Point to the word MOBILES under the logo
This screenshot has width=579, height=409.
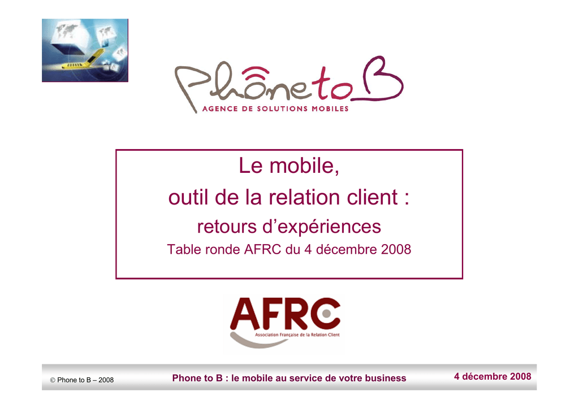(x=330, y=109)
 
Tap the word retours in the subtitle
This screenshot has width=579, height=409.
(x=227, y=227)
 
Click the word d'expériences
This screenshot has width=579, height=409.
(x=322, y=227)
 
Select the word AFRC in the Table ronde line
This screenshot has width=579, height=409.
(x=262, y=250)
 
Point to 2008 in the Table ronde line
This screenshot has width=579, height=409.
(x=396, y=250)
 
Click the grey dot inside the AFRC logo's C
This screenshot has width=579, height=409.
(x=326, y=314)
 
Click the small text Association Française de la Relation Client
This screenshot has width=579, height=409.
(x=297, y=335)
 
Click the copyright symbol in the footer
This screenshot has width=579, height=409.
(x=53, y=380)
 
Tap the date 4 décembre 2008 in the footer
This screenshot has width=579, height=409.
(x=492, y=377)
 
